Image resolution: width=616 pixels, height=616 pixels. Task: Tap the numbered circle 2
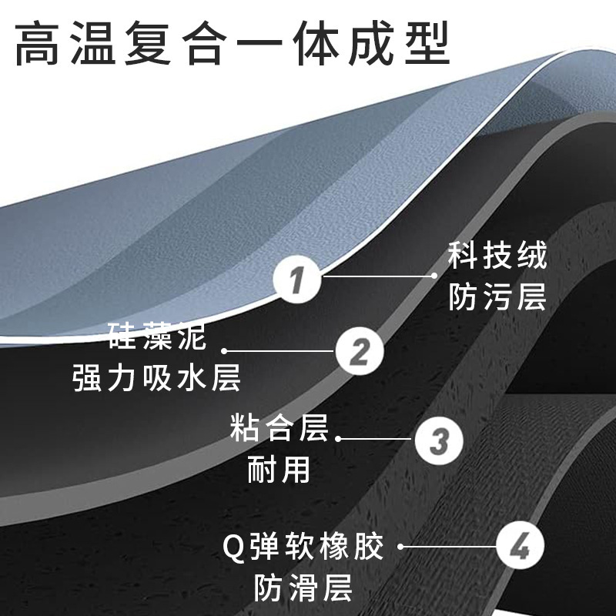click(x=360, y=352)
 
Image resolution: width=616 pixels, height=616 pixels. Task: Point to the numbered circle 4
click(x=521, y=548)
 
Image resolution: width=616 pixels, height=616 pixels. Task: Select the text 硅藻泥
click(x=158, y=337)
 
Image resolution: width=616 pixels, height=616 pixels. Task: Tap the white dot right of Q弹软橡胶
click(x=400, y=548)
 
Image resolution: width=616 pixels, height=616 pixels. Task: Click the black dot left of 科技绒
click(x=432, y=273)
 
